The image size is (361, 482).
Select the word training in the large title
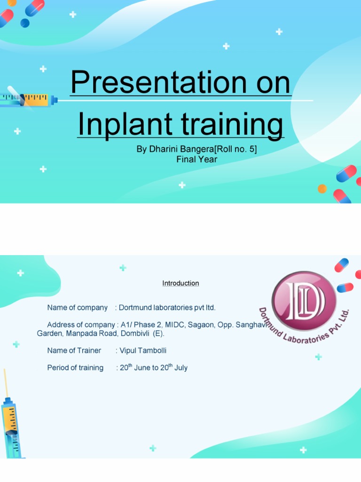(x=232, y=124)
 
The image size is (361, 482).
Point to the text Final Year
(x=197, y=159)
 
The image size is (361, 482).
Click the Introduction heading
(x=180, y=283)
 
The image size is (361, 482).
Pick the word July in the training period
(x=181, y=368)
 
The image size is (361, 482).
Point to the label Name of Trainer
(x=74, y=350)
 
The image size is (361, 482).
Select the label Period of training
(x=75, y=368)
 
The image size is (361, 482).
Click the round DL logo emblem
(x=304, y=301)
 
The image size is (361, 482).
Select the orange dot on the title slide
(x=322, y=188)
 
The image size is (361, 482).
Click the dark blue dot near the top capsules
(x=25, y=23)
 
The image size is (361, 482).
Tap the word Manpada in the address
(x=81, y=334)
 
